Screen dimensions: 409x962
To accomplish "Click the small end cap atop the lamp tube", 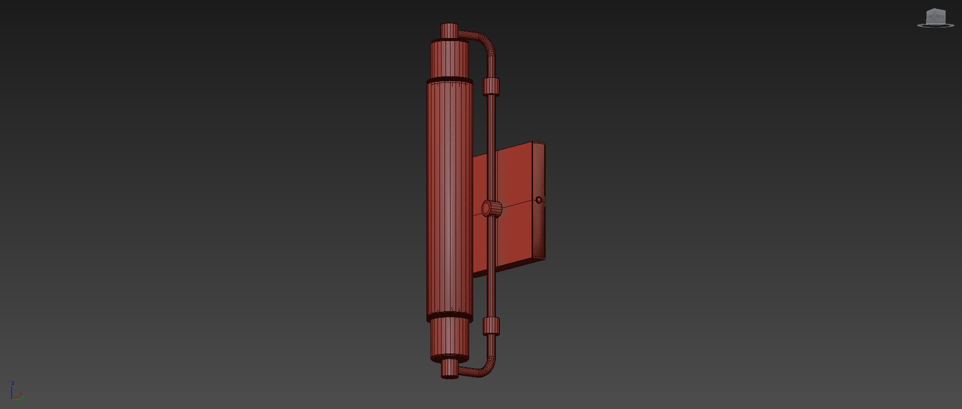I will point(449,31).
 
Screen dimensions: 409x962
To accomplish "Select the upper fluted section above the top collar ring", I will point(449,59).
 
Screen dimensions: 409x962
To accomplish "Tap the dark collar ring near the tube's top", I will point(449,80).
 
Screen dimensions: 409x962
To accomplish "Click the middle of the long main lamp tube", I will point(449,201).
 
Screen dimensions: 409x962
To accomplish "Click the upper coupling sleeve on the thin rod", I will point(492,86).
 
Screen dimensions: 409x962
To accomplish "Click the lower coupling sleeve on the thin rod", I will point(492,327).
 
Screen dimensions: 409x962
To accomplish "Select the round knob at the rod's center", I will point(492,208).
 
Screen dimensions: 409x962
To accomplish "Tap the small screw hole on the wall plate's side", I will point(539,200).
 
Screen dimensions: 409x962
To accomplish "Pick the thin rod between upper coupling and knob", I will point(492,146).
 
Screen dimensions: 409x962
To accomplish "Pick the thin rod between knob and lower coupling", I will point(492,266).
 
